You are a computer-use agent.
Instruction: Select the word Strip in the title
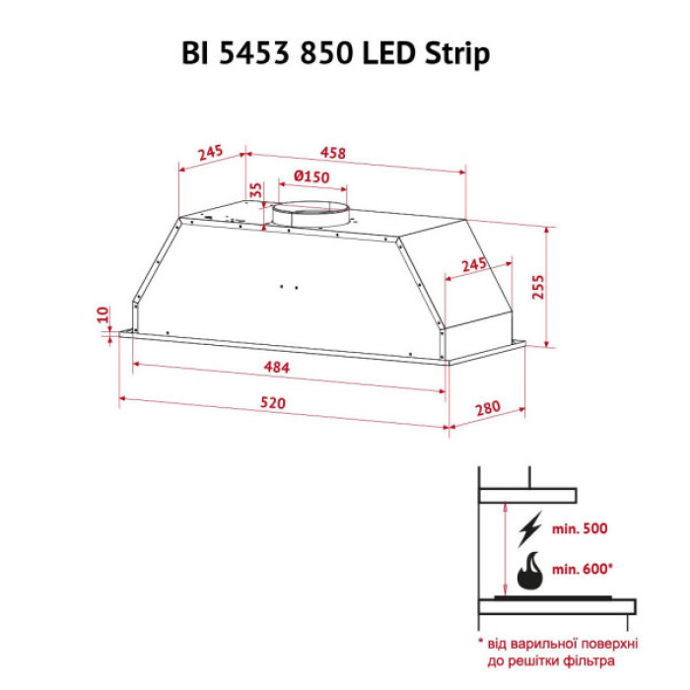(x=459, y=54)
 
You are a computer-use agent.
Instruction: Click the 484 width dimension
(x=277, y=368)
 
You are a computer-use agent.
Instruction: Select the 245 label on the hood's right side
(x=474, y=265)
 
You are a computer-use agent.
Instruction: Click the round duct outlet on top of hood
(x=310, y=214)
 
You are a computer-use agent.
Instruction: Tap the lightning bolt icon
(x=529, y=528)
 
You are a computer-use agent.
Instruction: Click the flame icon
(x=530, y=572)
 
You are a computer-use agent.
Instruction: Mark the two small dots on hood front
(x=288, y=288)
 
